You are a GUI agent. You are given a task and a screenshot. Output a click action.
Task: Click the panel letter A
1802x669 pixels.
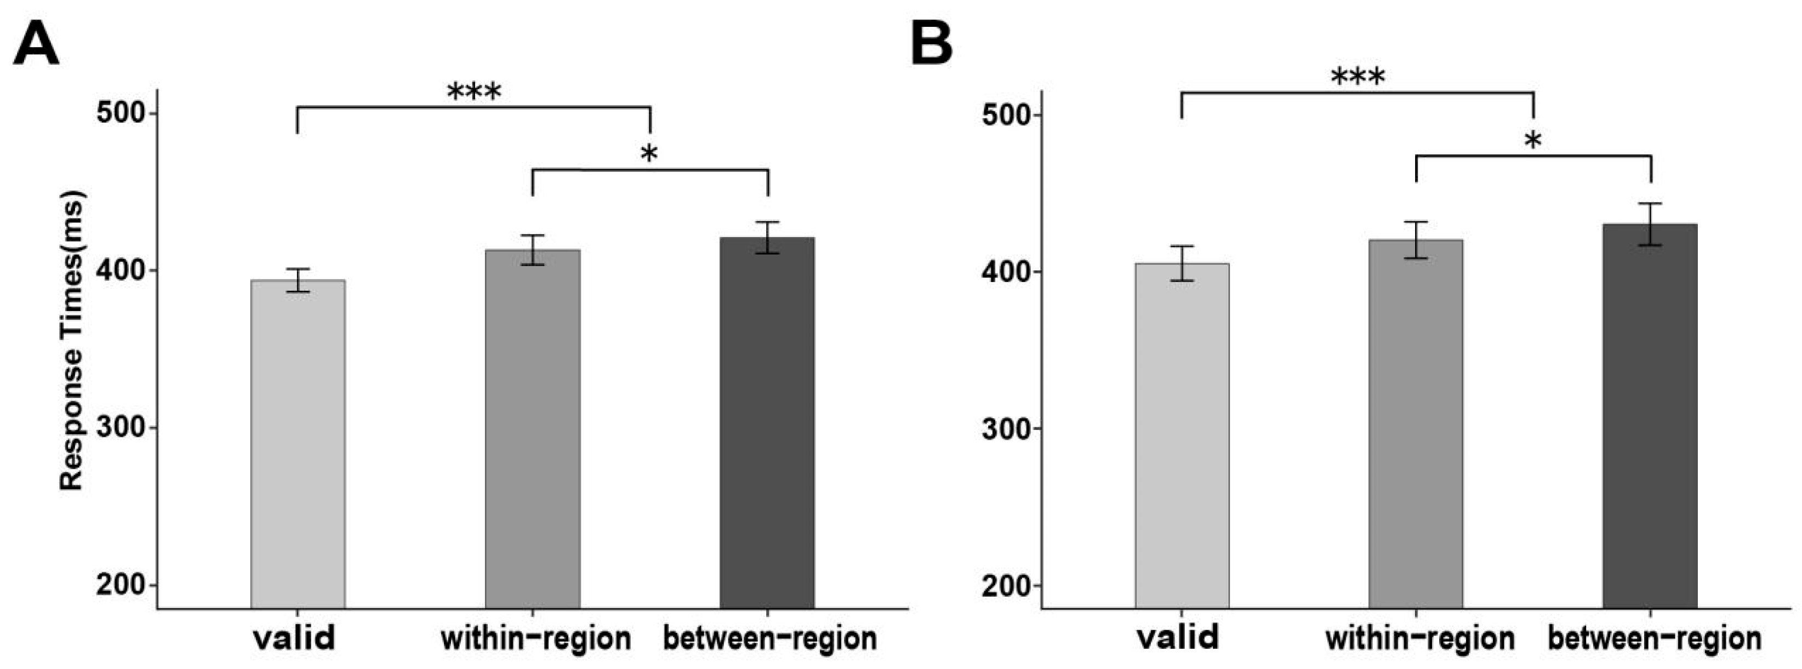pyautogui.click(x=36, y=43)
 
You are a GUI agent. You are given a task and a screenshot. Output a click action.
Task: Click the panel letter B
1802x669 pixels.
pyautogui.click(x=932, y=43)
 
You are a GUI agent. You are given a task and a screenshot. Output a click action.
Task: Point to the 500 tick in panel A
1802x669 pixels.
pyautogui.click(x=152, y=113)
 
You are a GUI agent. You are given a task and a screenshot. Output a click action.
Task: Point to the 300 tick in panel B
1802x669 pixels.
pyautogui.click(x=1037, y=429)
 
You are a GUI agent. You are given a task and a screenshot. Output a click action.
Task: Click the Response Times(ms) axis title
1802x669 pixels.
pyautogui.click(x=71, y=341)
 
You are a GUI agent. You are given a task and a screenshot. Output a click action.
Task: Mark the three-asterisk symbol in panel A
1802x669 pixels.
pyautogui.click(x=474, y=91)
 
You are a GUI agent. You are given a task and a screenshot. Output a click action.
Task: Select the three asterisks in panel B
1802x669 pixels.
pyautogui.click(x=1358, y=77)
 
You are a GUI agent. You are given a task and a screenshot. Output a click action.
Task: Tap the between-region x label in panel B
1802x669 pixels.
pyautogui.click(x=1655, y=638)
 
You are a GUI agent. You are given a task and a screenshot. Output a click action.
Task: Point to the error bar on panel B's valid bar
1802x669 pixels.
pyautogui.click(x=1182, y=263)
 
